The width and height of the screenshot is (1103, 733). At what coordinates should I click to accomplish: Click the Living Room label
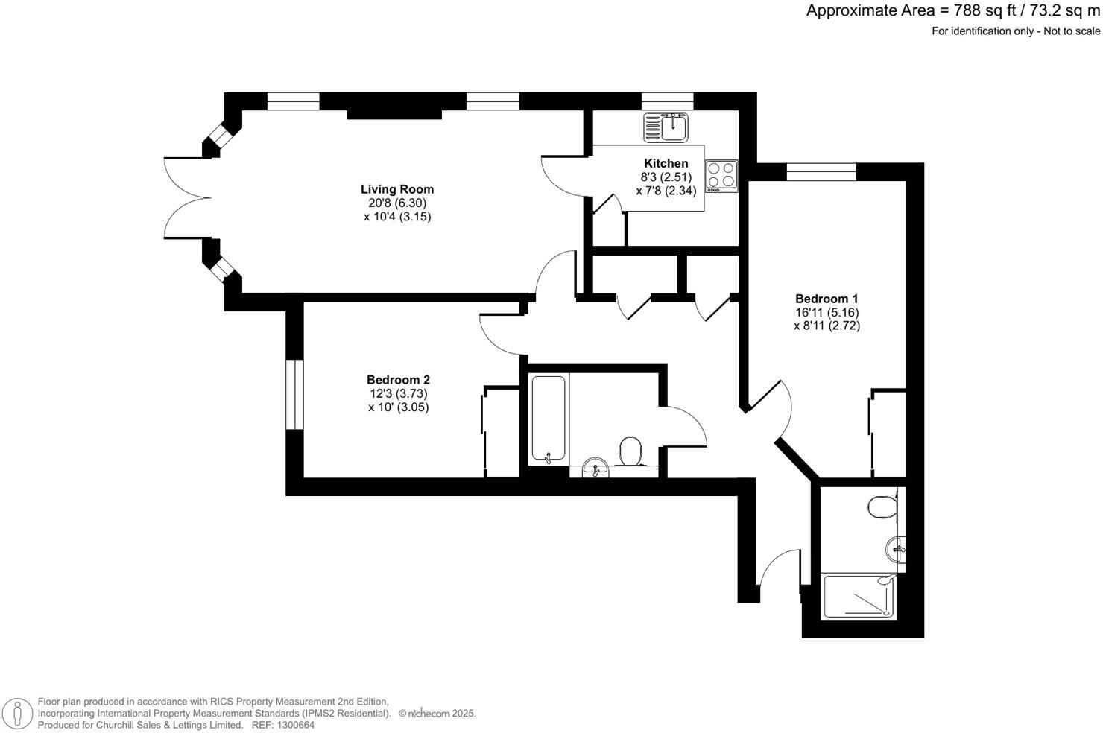[x=396, y=189]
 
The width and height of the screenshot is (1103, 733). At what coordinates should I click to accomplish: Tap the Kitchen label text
[x=666, y=163]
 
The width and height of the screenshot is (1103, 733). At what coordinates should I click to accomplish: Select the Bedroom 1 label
[x=826, y=299]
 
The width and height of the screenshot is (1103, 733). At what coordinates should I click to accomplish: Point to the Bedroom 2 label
[x=398, y=380]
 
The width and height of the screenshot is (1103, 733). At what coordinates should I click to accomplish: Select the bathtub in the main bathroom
[x=549, y=419]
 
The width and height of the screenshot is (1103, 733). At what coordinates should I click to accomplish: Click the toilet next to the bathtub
[x=630, y=451]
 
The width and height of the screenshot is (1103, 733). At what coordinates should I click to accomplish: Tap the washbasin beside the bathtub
[x=595, y=468]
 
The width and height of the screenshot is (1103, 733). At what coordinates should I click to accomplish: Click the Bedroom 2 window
[x=295, y=395]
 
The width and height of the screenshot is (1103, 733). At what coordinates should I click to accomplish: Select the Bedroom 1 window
[x=821, y=171]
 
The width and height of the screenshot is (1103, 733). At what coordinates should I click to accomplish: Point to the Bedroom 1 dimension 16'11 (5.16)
[x=826, y=312]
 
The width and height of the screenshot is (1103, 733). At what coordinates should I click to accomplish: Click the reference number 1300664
[x=294, y=725]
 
